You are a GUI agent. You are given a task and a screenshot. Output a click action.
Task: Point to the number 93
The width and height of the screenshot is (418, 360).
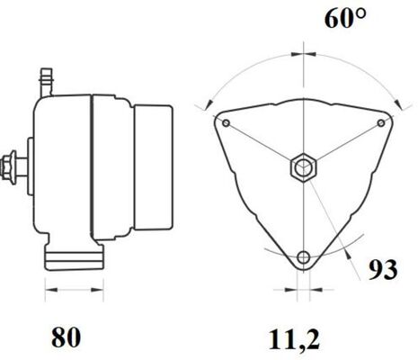[383, 268]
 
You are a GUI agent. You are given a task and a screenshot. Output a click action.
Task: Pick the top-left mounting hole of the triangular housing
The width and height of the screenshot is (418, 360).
[226, 122]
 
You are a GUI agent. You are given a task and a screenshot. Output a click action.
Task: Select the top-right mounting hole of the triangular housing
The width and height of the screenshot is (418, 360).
[381, 122]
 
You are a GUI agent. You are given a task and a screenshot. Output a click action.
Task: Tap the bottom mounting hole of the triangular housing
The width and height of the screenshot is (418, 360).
[304, 257]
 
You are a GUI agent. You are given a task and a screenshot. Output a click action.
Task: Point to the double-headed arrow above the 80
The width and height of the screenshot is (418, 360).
[76, 291]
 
